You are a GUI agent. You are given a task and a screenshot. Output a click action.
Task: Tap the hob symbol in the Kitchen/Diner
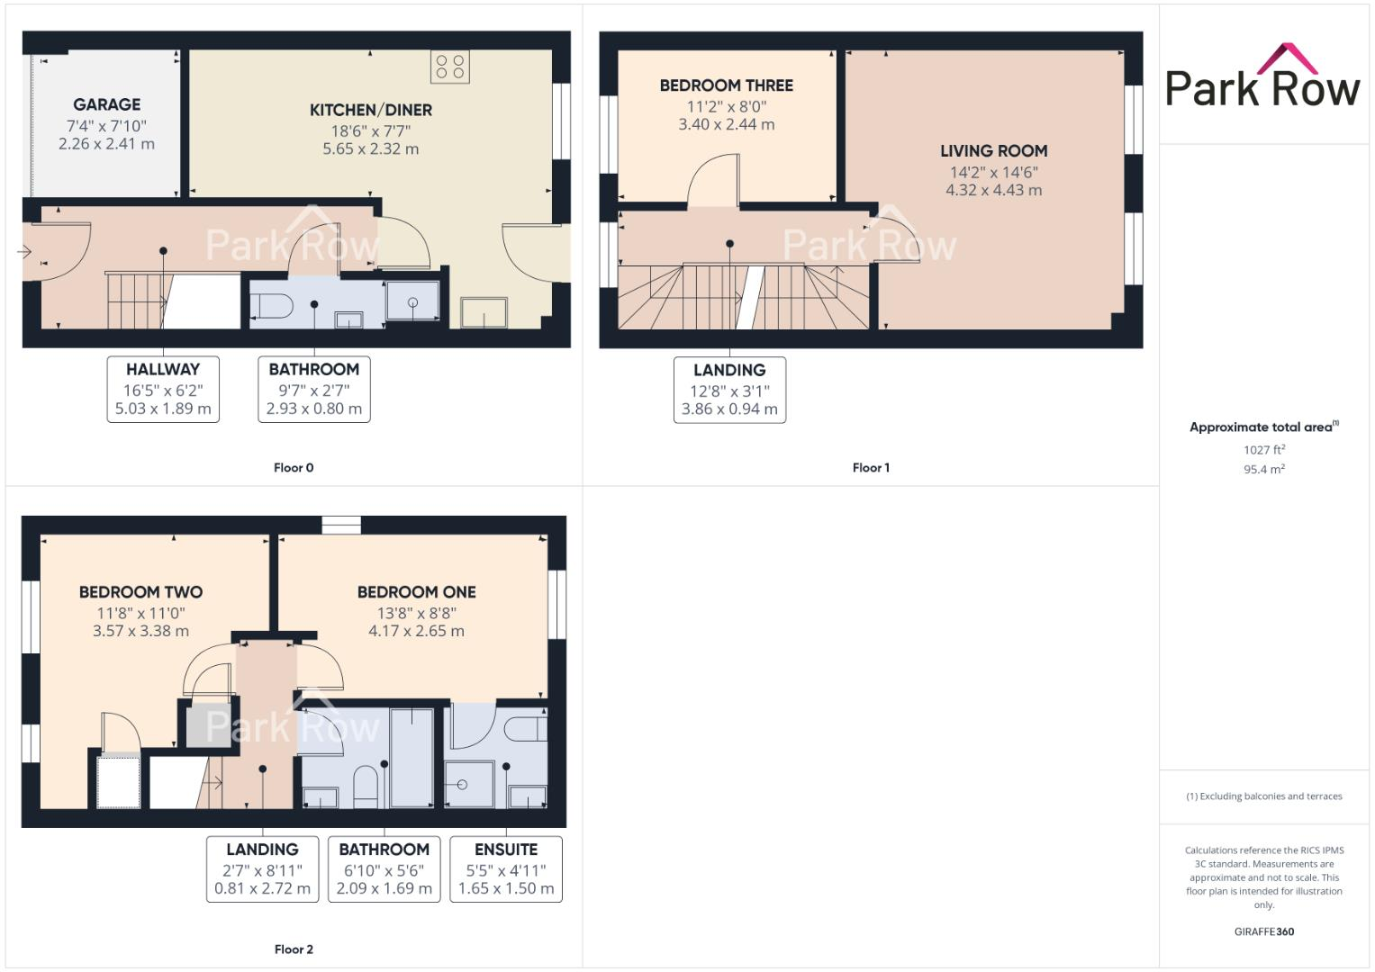(449, 67)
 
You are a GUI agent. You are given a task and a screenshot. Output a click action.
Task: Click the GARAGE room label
(106, 104)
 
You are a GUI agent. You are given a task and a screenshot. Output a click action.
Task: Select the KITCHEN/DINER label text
(370, 110)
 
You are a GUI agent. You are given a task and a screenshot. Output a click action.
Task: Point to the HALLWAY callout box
(163, 389)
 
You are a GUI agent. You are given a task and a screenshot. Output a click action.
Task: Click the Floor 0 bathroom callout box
(313, 389)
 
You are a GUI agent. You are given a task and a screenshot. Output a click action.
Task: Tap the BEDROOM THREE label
(726, 85)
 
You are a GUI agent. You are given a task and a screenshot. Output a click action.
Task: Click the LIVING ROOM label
(993, 151)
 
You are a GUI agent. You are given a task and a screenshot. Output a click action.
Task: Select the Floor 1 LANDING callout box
(729, 390)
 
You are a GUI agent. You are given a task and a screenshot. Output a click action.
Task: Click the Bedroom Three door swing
(713, 182)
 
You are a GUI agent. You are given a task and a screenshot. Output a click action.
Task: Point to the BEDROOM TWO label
(140, 592)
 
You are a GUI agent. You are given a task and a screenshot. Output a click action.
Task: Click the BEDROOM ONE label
(416, 592)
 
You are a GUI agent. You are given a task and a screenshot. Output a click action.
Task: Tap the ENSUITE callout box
(505, 868)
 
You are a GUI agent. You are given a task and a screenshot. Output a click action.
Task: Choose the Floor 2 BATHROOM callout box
(384, 868)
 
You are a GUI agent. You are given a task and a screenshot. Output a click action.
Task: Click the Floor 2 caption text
(294, 949)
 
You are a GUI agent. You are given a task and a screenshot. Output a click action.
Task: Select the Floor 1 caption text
(871, 468)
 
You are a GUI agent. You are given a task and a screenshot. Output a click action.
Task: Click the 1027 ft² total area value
(1263, 450)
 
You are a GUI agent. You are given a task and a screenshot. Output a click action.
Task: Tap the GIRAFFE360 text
(1263, 931)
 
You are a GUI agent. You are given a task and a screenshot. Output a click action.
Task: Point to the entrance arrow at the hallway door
(25, 252)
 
